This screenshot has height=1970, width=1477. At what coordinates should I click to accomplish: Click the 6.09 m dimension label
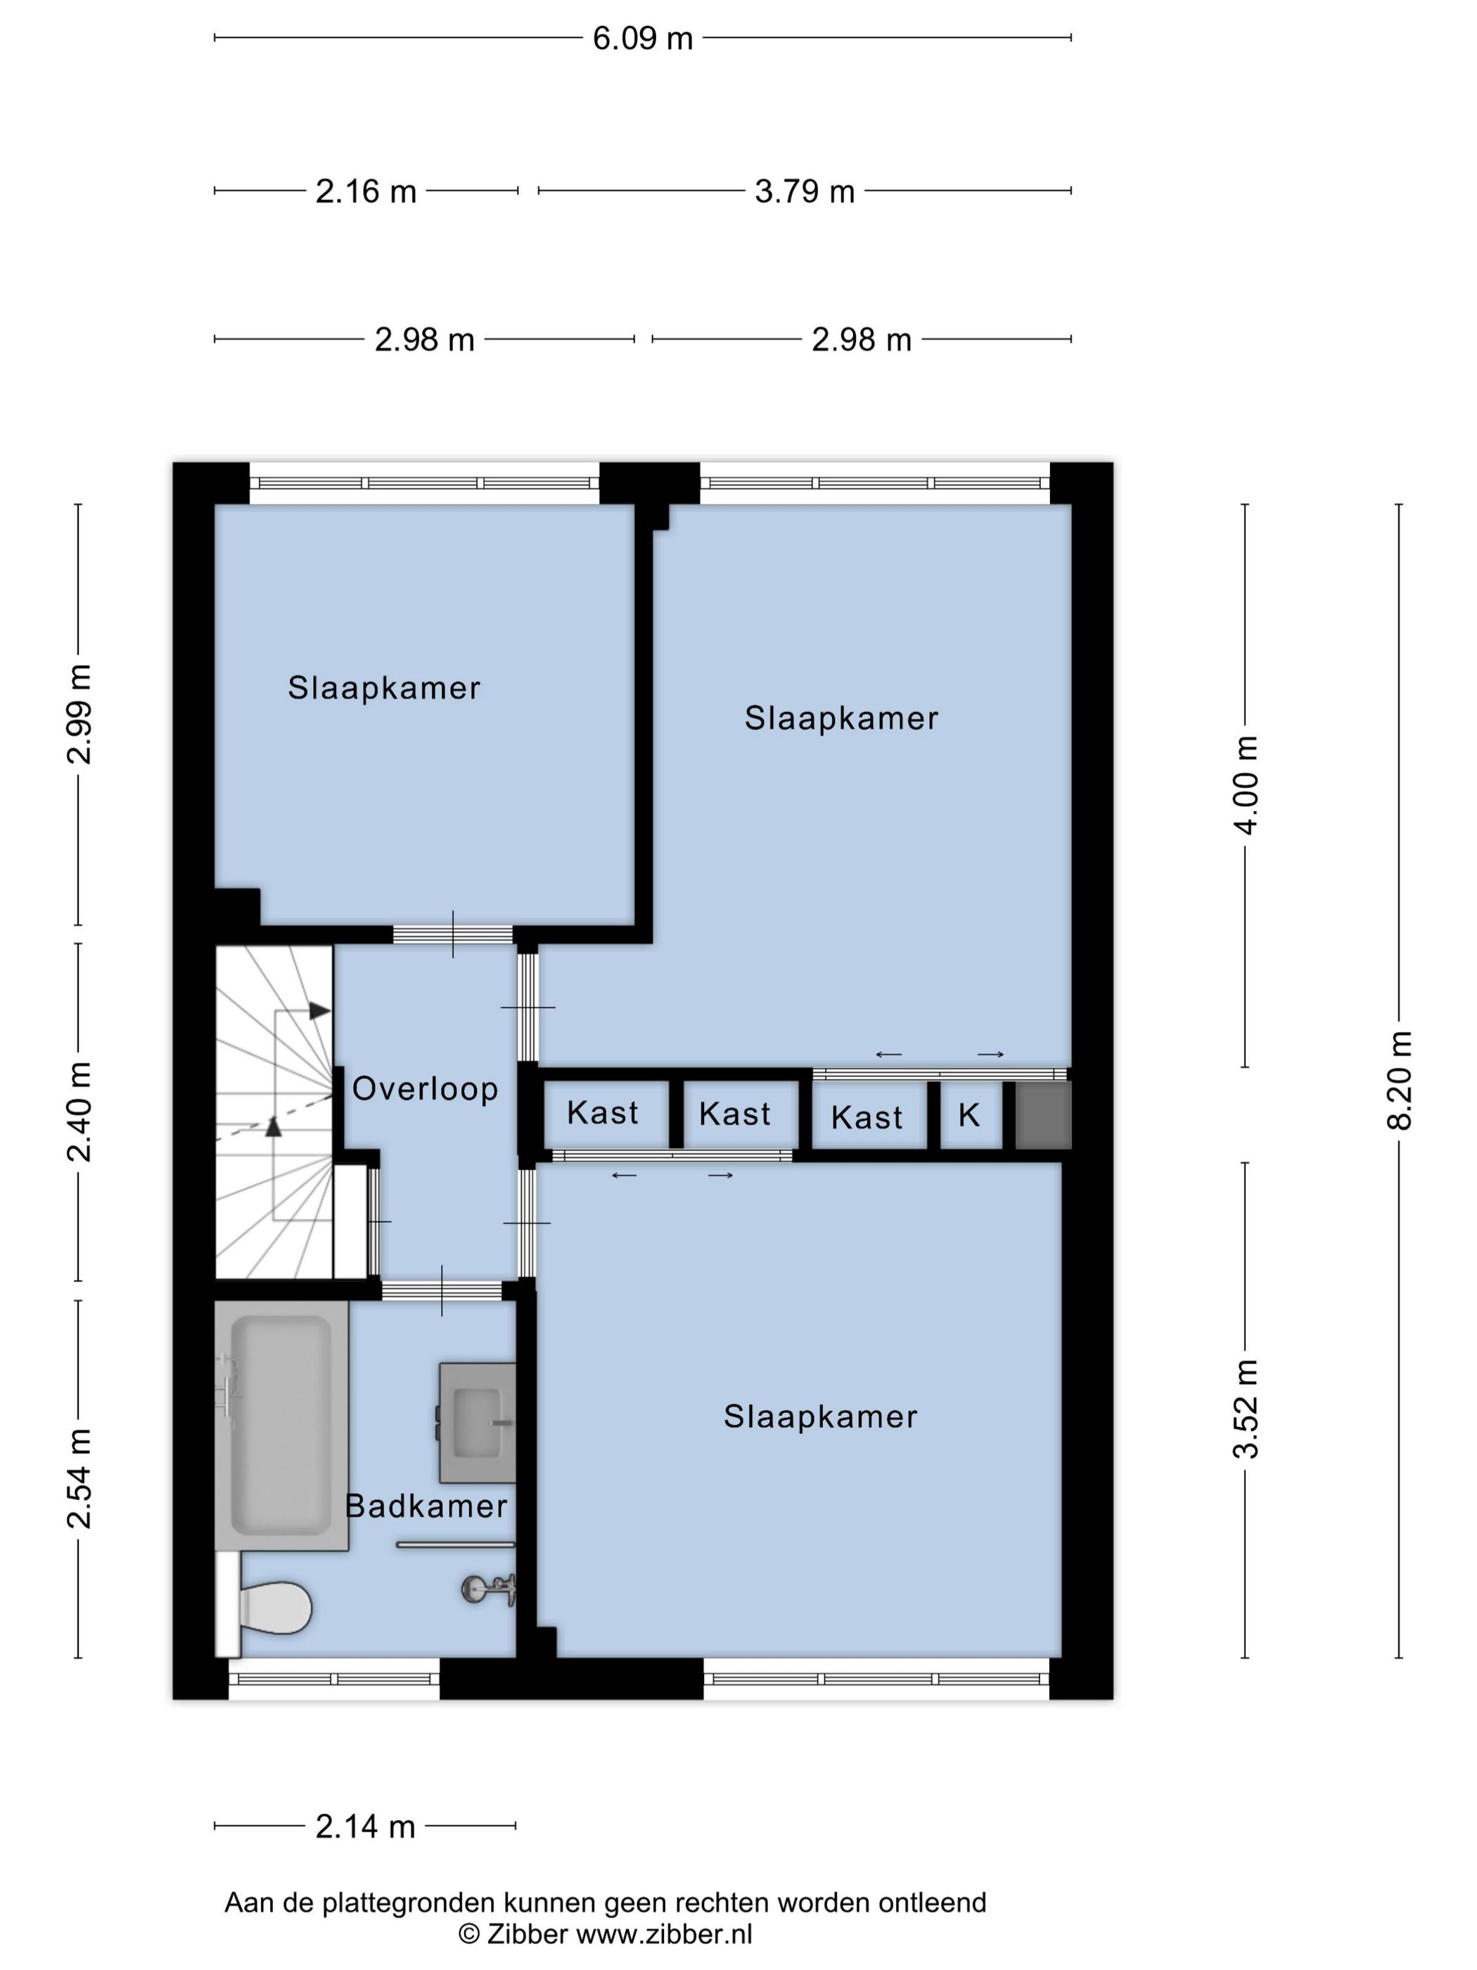[x=642, y=38]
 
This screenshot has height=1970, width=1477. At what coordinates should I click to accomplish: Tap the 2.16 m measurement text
[x=365, y=191]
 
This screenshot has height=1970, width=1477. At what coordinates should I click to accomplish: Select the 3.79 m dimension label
[x=804, y=191]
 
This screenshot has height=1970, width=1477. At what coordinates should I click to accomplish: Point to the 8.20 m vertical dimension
[x=1399, y=1080]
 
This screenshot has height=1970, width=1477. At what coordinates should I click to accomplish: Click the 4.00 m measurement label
[x=1246, y=784]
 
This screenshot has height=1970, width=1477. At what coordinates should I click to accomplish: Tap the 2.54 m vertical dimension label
[x=79, y=1478]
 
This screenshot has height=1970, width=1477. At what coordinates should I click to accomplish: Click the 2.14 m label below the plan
[x=365, y=1826]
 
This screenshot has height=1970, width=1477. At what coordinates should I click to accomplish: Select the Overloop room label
[x=425, y=1088]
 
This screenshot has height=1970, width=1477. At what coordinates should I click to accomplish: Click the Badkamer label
[x=426, y=1506]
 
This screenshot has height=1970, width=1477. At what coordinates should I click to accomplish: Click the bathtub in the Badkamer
[x=281, y=1425]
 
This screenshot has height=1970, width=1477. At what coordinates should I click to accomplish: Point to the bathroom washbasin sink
[x=477, y=1423]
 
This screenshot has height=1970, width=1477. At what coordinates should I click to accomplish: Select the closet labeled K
[x=969, y=1114]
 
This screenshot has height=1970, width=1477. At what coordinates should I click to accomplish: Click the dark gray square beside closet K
[x=1042, y=1115]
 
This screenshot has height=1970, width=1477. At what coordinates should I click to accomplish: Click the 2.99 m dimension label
[x=79, y=714]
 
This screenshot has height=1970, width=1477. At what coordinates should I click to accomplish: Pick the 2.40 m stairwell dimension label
[x=79, y=1112]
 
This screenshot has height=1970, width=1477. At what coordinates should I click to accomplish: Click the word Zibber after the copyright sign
[x=527, y=1933]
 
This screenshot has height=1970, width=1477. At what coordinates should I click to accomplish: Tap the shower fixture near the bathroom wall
[x=489, y=1589]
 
